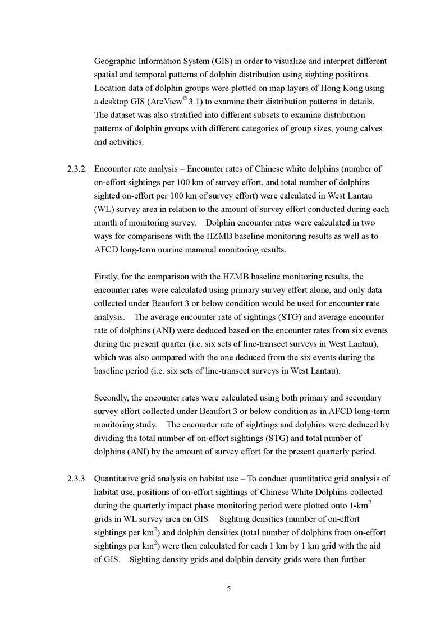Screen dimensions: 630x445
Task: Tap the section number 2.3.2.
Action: tap(76, 169)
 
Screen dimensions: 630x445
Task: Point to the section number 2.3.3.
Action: tap(76, 479)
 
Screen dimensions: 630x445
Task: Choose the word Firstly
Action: tap(107, 277)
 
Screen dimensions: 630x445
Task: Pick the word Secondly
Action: tap(111, 398)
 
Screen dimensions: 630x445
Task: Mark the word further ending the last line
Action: tap(351, 559)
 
